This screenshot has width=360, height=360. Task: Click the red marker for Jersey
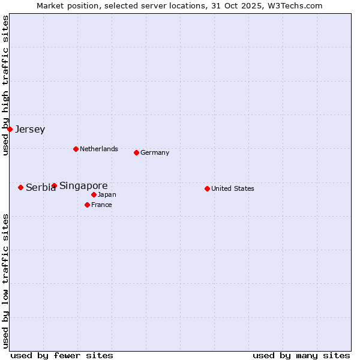coord(10,129)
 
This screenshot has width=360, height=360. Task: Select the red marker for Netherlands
coord(76,149)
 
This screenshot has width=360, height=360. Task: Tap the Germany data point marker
coord(136,152)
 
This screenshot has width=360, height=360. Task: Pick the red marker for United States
coord(207,188)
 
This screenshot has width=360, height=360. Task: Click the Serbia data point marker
coord(20,187)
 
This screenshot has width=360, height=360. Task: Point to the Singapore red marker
coord(54,185)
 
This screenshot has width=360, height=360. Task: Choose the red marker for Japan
coord(94,194)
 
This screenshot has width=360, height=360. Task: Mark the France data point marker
coord(87,205)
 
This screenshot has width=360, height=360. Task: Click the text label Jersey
coord(30,130)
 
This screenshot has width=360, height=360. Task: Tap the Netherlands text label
coord(99,149)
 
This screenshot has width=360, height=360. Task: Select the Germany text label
coord(155,152)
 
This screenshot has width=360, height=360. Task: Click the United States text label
coord(233,188)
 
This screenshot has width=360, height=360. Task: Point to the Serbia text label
coord(40,188)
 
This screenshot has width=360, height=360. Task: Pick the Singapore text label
coord(83,186)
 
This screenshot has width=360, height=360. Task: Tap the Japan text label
coord(107,194)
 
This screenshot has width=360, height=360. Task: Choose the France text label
coord(101,205)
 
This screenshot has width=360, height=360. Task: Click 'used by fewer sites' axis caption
coord(62,355)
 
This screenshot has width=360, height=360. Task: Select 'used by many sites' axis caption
coord(301,355)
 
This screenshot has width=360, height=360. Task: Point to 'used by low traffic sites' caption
coord(6,280)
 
